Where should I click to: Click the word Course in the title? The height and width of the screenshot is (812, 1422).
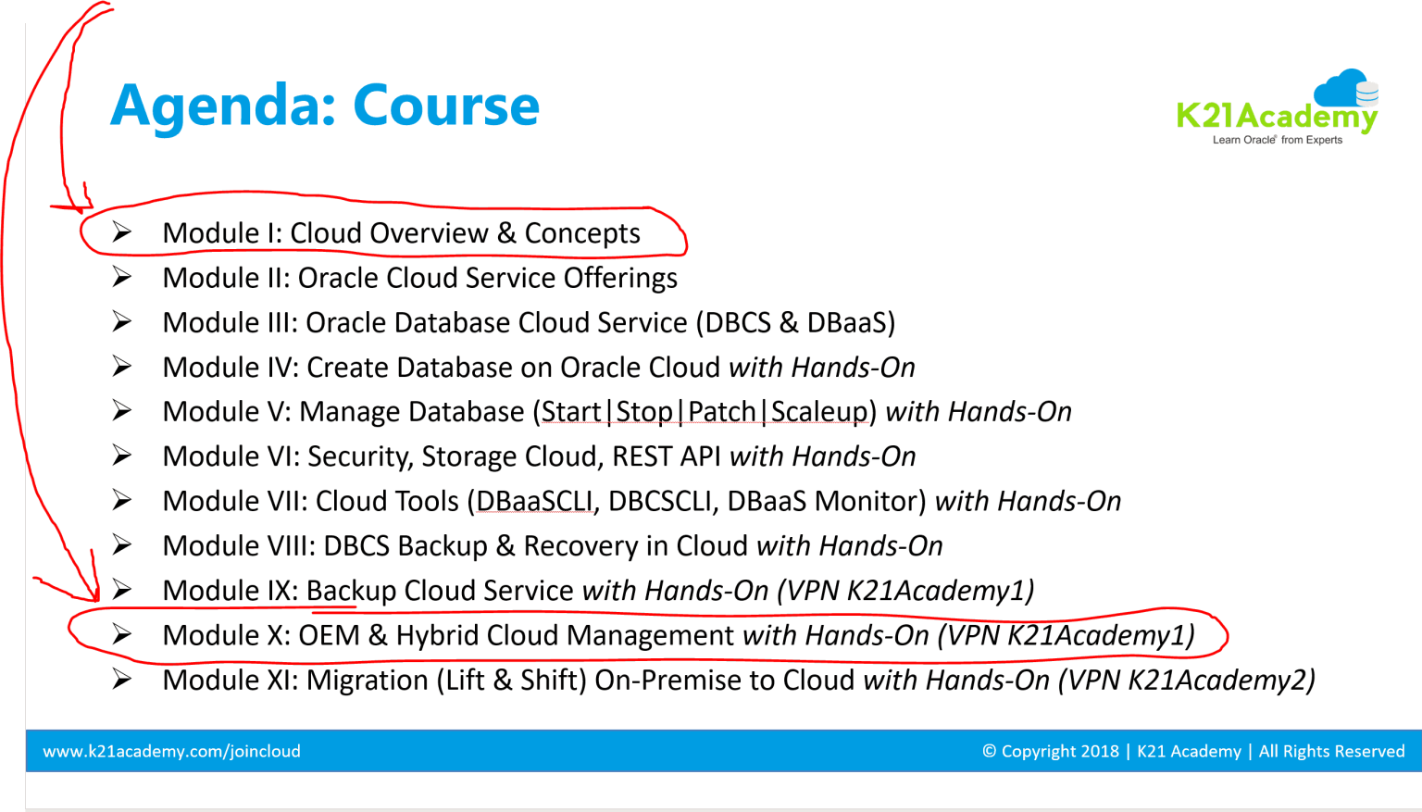point(446,105)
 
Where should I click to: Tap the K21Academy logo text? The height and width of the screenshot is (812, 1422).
point(1277,116)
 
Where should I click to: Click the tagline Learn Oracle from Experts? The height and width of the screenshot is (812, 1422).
point(1278,140)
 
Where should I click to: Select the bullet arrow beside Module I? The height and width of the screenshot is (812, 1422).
point(121,232)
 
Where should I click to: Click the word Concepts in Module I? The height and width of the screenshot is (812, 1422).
point(582,233)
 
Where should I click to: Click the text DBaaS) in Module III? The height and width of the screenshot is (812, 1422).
point(851,322)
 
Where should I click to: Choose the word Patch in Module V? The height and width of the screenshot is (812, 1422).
point(722,412)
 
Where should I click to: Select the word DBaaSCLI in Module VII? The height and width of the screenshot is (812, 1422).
point(534,502)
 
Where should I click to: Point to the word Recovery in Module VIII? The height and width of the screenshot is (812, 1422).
point(580,546)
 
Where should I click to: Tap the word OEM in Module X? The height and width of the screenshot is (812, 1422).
point(329,635)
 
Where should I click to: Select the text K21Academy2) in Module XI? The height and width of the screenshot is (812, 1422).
point(1221,681)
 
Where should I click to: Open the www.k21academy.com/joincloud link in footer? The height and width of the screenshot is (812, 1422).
point(171,751)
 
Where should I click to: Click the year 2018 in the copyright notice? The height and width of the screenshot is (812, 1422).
point(1100,751)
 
